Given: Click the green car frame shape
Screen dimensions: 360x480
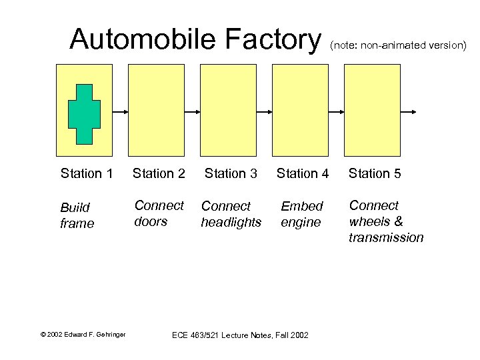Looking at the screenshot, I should click(84, 114).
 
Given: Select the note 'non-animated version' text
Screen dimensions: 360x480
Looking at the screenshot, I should click(398, 45).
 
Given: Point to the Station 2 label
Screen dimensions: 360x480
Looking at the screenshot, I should click(159, 174).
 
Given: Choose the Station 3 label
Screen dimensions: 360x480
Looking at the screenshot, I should click(231, 174).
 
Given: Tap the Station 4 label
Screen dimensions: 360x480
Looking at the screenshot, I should click(303, 174).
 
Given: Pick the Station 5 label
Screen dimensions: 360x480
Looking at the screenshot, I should click(375, 174).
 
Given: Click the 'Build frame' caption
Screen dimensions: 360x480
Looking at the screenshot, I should click(77, 215).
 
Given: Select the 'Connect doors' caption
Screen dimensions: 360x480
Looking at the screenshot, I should click(159, 213).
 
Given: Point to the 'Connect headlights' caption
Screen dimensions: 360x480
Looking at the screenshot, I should click(231, 214).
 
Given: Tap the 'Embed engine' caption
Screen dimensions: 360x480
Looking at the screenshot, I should click(301, 214).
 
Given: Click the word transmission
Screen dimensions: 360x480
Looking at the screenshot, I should click(386, 237).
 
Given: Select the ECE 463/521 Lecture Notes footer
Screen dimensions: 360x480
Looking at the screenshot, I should click(240, 335).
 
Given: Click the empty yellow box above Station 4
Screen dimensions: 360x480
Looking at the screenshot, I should click(300, 110).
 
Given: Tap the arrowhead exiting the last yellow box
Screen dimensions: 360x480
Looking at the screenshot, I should click(415, 111).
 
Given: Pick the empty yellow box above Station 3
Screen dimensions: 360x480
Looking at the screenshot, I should click(228, 110).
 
